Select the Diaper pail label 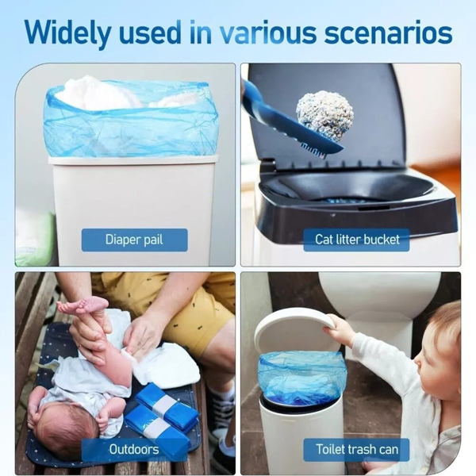135,240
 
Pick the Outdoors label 131,450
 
